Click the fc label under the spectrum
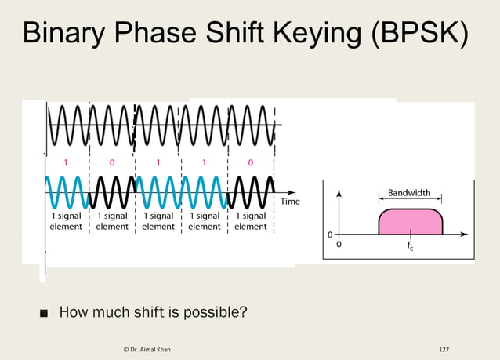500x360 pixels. [410, 244]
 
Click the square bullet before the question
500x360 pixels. [45, 313]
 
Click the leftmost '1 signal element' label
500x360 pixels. [67, 221]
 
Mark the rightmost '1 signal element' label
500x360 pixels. [251, 221]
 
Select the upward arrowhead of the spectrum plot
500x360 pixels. [339, 191]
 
